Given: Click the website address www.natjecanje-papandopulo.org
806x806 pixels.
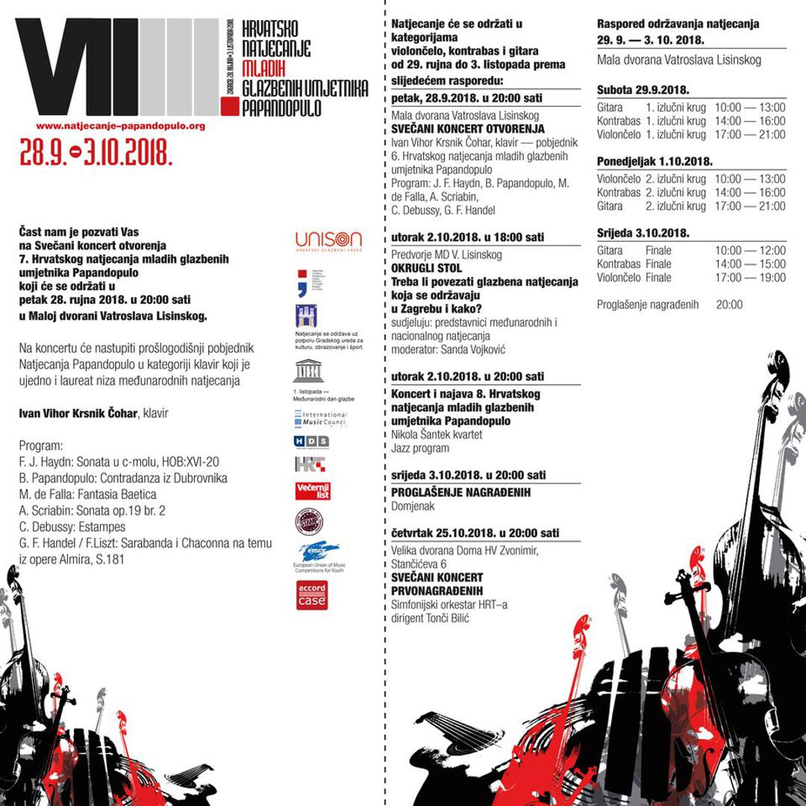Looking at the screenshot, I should point(120,127).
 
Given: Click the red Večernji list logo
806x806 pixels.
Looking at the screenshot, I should point(313,491).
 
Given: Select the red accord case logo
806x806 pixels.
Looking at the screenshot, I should point(312,595).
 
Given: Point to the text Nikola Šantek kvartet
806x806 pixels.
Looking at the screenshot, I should point(437,434).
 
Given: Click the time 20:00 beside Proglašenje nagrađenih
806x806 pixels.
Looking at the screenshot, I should point(729,304).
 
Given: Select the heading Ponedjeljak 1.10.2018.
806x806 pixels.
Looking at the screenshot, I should point(655,161).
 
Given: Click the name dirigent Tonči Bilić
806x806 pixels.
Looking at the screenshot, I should point(430,619).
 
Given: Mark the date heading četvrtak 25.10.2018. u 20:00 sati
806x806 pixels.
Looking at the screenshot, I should point(475,534).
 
